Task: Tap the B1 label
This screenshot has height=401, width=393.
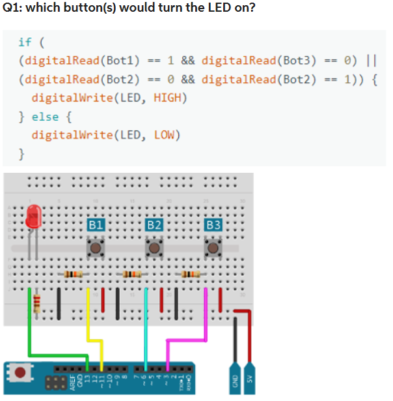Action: (96, 225)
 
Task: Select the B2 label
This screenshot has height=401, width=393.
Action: (154, 225)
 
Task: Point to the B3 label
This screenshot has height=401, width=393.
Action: (213, 225)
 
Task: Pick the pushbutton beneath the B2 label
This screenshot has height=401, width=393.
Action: (154, 248)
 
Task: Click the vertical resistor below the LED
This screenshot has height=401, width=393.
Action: (36, 303)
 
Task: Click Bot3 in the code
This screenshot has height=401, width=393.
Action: (300, 61)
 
